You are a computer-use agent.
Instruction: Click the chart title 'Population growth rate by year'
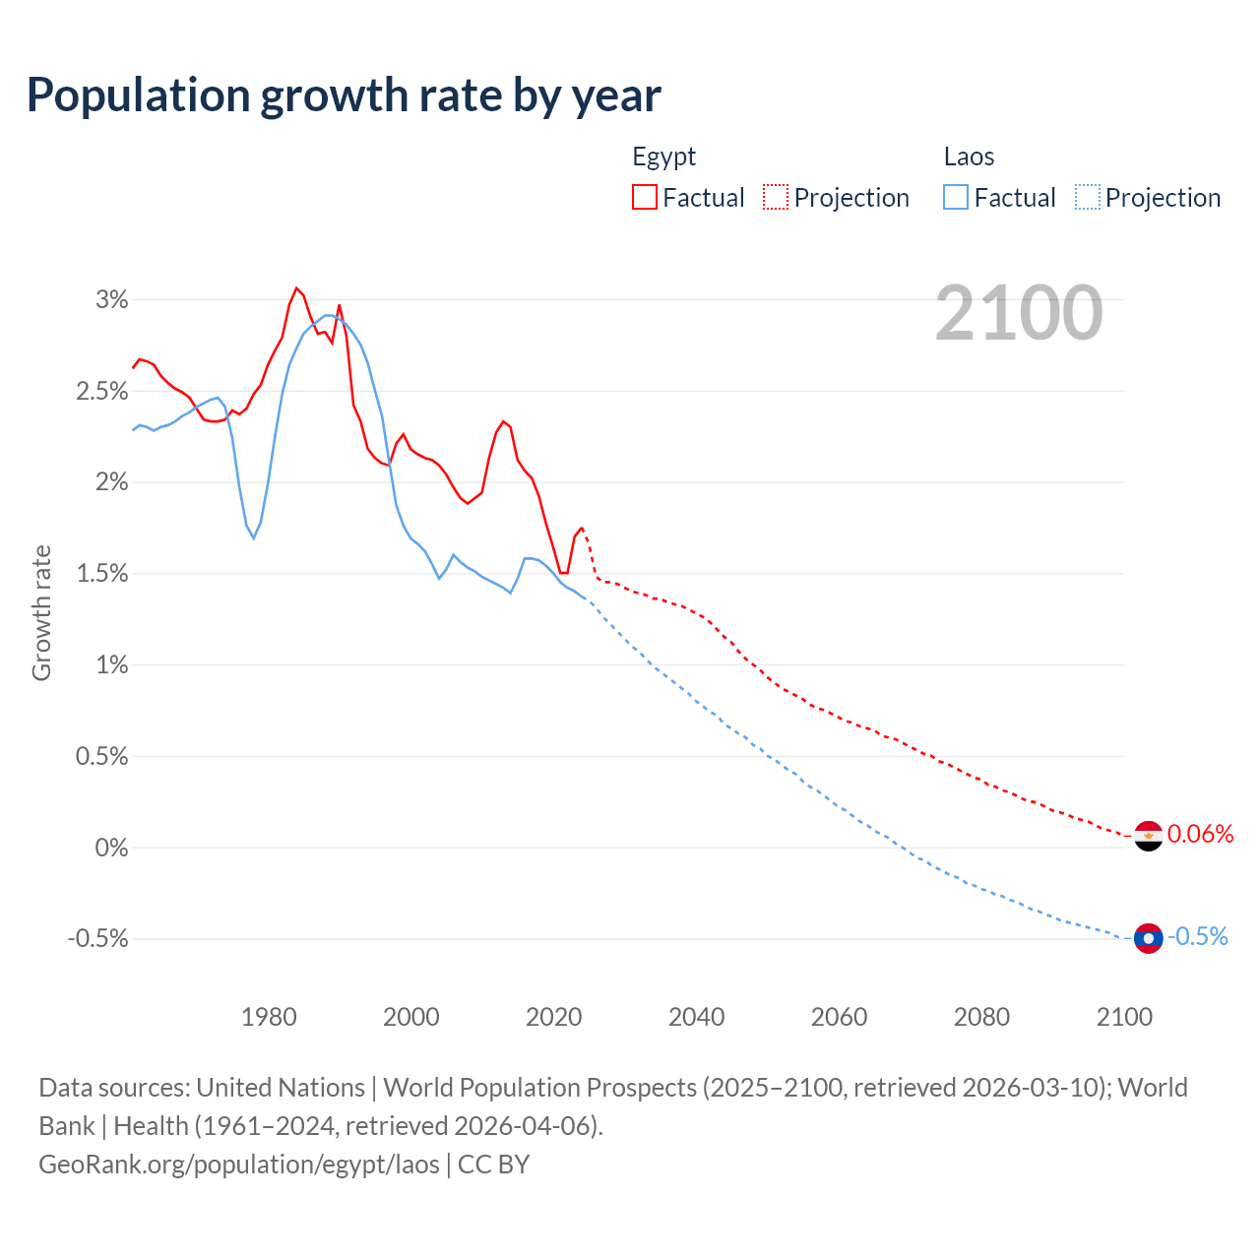click(x=344, y=95)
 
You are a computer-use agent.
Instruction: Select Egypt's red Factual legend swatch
click(x=644, y=197)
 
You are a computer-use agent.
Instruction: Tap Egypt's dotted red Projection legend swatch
click(x=776, y=197)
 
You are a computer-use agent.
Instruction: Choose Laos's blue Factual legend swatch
click(x=955, y=197)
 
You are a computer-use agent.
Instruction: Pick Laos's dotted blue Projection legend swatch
click(x=1088, y=197)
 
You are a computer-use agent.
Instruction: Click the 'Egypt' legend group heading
click(x=663, y=157)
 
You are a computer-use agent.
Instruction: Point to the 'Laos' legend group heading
click(x=969, y=157)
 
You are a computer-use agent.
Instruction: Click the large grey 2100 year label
click(x=1019, y=313)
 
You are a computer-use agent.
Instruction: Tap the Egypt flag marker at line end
click(x=1148, y=836)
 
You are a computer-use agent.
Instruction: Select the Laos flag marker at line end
click(x=1148, y=938)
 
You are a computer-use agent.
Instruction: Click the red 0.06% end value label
click(x=1200, y=835)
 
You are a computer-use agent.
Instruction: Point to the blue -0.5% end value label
click(x=1198, y=937)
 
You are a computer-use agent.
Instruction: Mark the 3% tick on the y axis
click(x=112, y=300)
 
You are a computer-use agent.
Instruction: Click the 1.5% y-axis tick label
click(x=102, y=574)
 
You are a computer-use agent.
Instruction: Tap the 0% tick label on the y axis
click(x=111, y=848)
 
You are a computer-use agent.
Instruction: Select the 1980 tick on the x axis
click(x=269, y=1017)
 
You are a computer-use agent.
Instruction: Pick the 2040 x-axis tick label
click(x=696, y=1017)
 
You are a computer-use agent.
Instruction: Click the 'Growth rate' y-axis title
click(x=41, y=612)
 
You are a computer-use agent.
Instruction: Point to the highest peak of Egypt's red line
click(x=296, y=287)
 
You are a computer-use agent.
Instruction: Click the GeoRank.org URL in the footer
click(x=239, y=1165)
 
